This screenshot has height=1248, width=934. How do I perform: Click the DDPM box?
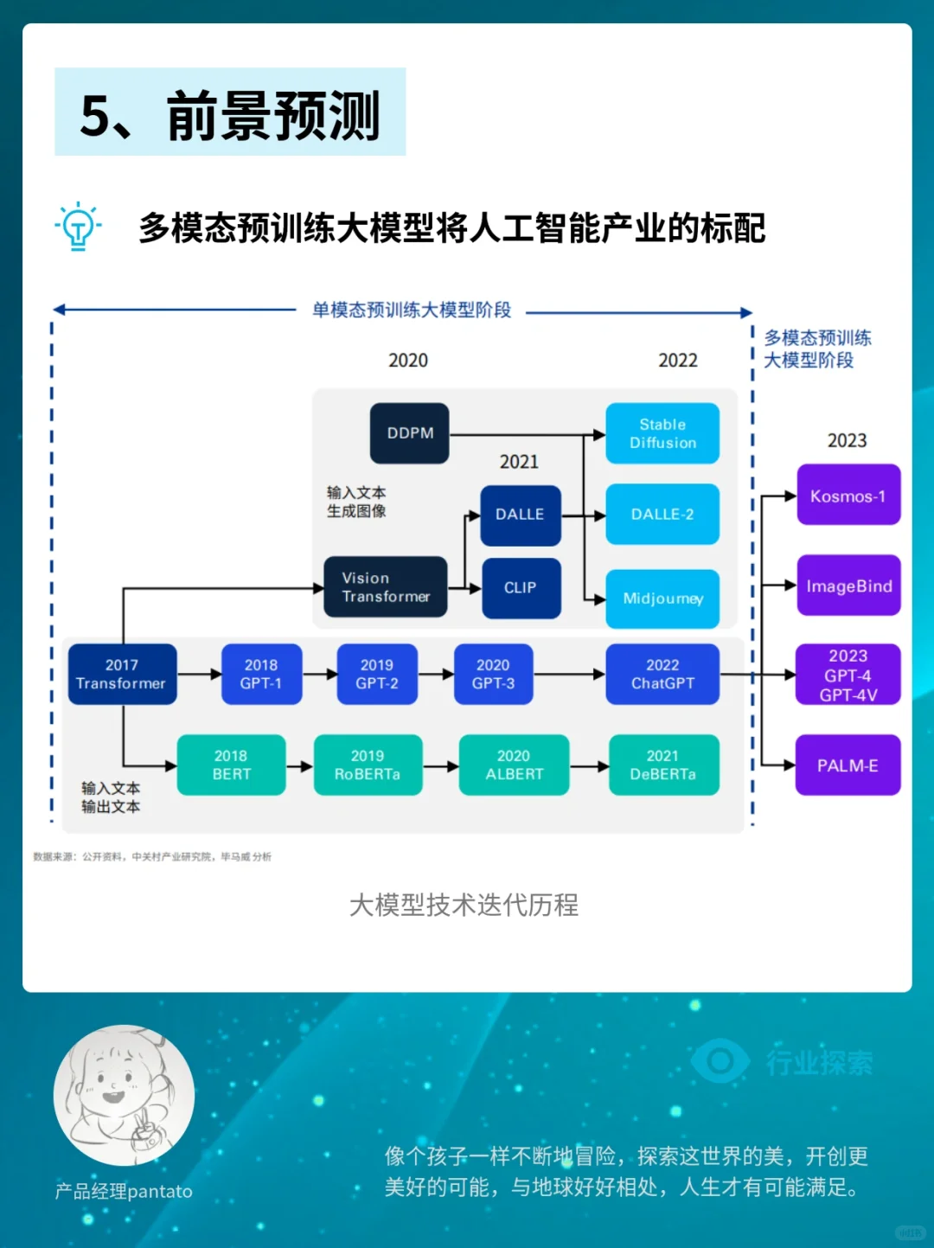[x=409, y=433]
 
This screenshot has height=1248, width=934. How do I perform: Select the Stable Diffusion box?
[x=662, y=433]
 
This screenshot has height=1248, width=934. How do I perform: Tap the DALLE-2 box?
[x=662, y=515]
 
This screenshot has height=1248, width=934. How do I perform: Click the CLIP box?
[x=521, y=588]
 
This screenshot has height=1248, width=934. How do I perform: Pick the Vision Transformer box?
[x=386, y=587]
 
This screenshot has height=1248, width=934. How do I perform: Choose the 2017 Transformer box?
[x=122, y=675]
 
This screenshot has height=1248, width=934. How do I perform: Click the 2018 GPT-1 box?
[x=261, y=675]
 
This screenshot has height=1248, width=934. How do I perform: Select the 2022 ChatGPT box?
[x=662, y=675]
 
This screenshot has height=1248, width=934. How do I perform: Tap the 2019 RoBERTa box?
[x=368, y=765]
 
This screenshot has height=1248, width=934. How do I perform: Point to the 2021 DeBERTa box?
[x=663, y=765]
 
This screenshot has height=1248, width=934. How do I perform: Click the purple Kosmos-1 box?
[x=848, y=496]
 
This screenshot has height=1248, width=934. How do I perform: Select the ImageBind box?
[x=848, y=586]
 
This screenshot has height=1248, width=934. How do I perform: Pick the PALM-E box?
[x=848, y=765]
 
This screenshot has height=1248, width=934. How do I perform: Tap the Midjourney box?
[x=662, y=598]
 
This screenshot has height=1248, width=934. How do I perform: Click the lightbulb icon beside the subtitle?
[x=78, y=227]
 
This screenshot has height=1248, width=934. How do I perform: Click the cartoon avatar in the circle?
[x=124, y=1095]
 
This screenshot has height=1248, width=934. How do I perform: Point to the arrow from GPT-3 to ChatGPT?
[x=569, y=675]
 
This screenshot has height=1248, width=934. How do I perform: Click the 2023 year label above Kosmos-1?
[x=847, y=441]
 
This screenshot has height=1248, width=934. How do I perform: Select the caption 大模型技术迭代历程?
[x=464, y=905]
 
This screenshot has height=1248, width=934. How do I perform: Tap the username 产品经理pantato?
[x=124, y=1192]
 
